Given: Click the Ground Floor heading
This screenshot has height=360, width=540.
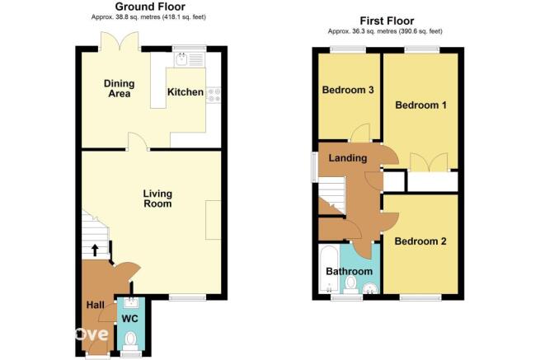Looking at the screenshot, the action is point(150,7).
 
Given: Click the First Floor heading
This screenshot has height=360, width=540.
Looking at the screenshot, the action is point(387,21).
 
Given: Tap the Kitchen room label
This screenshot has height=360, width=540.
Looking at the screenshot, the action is point(185,92).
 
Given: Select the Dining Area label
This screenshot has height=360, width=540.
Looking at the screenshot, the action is point(120,88).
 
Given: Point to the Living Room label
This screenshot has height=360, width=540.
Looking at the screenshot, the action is point(157,199).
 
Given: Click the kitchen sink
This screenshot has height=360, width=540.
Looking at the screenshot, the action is point(190,59).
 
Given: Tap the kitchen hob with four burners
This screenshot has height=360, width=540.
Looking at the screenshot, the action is point(214,94).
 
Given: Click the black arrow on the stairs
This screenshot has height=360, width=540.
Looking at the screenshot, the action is point(94,250).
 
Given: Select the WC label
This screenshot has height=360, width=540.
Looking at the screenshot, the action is point(129,318).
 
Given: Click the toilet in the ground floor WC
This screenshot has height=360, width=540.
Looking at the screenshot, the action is point(130,340).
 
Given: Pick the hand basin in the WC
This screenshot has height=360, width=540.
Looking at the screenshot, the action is point(130,302).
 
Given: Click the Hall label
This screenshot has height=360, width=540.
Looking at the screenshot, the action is point(96,305).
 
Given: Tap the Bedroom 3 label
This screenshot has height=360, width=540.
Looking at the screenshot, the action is point(348,90).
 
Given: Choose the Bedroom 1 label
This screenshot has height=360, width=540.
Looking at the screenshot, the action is point(420,105).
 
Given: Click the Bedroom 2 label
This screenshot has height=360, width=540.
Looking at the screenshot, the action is point(420,241).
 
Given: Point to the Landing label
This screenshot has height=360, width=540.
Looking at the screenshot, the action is point(347,158).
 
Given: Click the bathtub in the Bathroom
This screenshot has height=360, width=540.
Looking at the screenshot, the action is point(329,269).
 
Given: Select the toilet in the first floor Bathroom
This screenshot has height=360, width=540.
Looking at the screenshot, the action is point(351,285).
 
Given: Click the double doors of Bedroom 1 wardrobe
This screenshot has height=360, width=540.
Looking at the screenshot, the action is point(429,162).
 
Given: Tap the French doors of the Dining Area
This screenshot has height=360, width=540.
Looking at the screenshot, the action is point(120,40).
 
